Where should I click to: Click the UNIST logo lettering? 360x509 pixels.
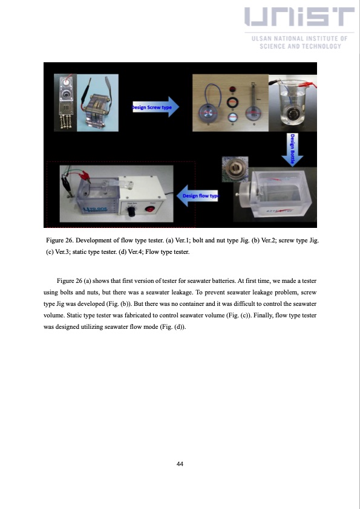299,21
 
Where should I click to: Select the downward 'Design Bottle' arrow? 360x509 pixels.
293,146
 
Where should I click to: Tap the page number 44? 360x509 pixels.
180,464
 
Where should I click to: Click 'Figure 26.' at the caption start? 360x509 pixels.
61,241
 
